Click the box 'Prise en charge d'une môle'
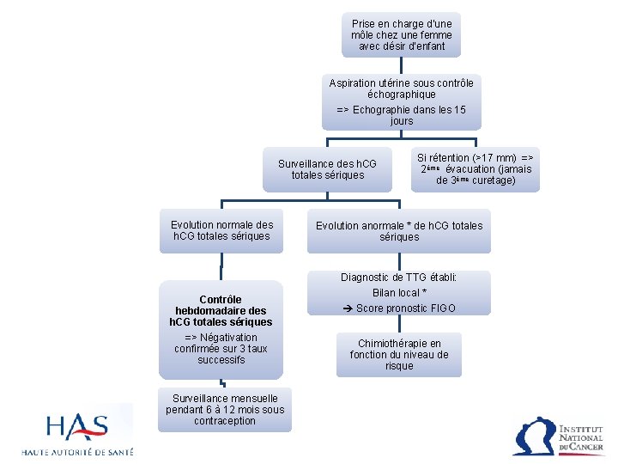pos(401,34)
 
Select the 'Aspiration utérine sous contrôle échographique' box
pos(401,101)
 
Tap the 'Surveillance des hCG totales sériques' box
pos(327,169)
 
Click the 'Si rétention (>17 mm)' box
pos(476,169)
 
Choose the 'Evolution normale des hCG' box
pos(221,231)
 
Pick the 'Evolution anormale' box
pos(399,231)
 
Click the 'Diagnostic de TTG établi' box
pos(399,293)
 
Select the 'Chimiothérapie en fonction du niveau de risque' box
pos(399,354)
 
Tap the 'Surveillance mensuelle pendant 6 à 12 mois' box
pos(225,410)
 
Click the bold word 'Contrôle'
pos(221,300)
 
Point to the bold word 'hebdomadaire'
pos(221,311)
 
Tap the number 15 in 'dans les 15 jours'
pos(459,110)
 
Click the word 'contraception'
pos(225,421)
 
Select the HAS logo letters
pos(77,427)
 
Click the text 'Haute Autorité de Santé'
pos(77,452)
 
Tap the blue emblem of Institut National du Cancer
pos(533,437)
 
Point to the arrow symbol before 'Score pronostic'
pos(348,308)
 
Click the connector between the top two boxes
pos(401,65)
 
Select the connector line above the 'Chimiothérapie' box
pos(399,324)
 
